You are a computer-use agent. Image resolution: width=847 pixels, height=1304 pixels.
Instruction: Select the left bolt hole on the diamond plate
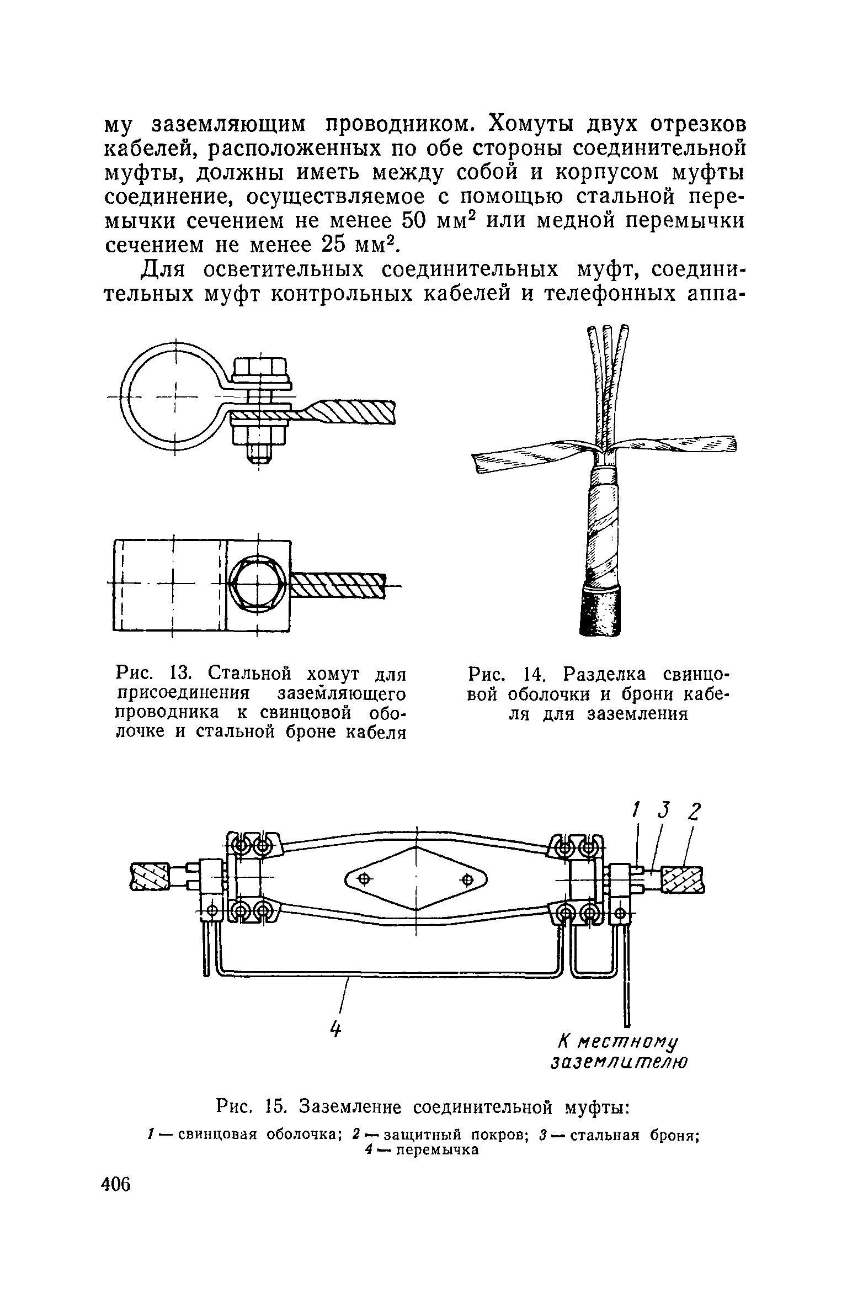(x=365, y=878)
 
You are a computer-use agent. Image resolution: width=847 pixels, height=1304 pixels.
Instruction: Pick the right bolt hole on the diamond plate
(x=467, y=878)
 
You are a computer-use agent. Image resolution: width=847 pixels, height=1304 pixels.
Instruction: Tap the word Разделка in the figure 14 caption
(x=603, y=674)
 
